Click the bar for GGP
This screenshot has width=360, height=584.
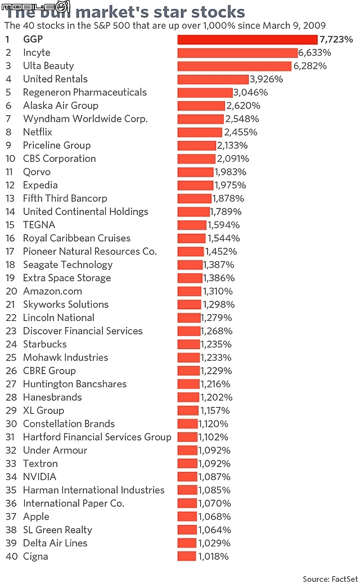247,39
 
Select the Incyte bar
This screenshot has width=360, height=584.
237,53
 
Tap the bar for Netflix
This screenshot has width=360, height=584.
200,132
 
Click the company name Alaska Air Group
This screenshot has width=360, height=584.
61,106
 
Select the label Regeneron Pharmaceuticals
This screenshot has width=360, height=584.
84,92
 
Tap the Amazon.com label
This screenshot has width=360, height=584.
52,291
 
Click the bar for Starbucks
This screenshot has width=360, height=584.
188,344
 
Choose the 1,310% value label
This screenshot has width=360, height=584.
219,291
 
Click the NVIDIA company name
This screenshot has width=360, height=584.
39,477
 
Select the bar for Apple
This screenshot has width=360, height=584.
187,517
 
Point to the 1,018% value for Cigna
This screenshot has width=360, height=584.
213,556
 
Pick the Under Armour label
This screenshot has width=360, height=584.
55,450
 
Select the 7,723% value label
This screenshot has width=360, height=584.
336,39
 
